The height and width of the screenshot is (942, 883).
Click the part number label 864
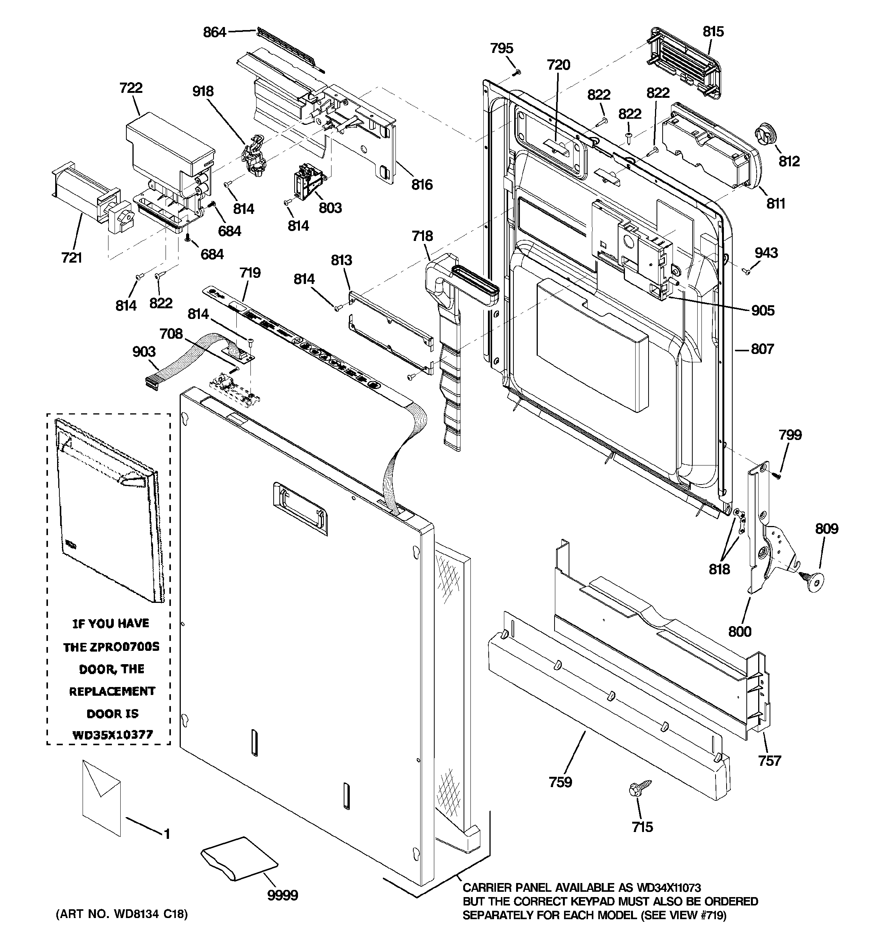[x=214, y=32]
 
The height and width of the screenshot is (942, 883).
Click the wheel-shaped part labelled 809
[x=813, y=579]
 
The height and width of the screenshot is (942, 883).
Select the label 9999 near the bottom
[x=282, y=895]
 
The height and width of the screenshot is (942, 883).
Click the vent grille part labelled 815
[x=682, y=63]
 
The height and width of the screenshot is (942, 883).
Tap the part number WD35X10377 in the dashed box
[x=112, y=735]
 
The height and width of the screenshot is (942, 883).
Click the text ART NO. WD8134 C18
[x=121, y=913]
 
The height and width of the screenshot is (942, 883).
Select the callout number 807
[x=762, y=349]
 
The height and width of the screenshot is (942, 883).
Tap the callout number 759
[x=560, y=782]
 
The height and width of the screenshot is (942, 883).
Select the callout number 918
[x=203, y=91]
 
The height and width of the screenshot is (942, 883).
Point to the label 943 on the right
[x=766, y=253]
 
